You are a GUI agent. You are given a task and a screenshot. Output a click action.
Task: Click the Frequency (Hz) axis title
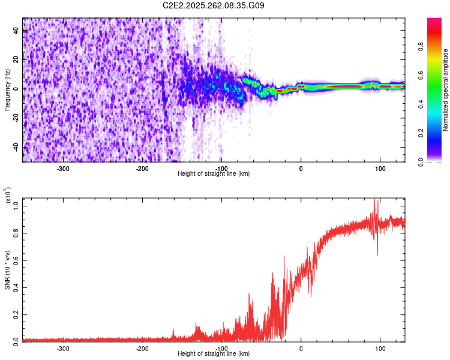click(8, 90)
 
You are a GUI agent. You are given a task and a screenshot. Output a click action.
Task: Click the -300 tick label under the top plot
click(64, 169)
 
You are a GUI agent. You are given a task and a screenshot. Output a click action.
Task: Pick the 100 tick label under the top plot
click(380, 169)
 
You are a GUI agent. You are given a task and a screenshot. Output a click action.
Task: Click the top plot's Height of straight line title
click(214, 174)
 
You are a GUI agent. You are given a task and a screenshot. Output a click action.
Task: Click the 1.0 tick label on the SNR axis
click(16, 206)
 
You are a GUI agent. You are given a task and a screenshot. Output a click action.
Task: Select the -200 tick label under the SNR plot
click(142, 348)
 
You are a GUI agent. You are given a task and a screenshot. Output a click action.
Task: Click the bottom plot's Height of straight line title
click(214, 353)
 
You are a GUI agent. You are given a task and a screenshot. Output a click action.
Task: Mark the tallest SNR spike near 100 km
click(376, 200)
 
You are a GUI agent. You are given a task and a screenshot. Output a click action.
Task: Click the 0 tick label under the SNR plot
click(301, 348)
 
